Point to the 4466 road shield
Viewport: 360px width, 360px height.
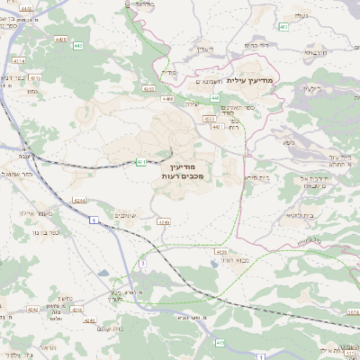[x=167, y=101]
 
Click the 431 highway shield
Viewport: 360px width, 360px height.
[x=141, y=162]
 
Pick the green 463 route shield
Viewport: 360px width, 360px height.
[x=283, y=28]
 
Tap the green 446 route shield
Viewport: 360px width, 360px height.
[x=216, y=128]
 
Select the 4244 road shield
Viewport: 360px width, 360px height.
[x=80, y=200]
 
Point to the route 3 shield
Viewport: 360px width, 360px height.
[x=141, y=263]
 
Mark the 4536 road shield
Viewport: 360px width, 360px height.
[x=221, y=252]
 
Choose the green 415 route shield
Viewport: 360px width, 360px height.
[x=220, y=342]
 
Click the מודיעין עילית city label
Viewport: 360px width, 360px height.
[x=248, y=81]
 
